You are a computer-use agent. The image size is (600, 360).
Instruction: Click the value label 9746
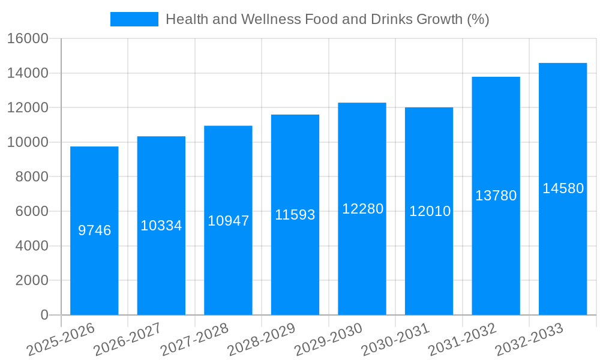click(95, 230)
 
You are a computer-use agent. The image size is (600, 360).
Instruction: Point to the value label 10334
click(161, 226)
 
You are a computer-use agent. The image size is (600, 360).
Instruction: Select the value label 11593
click(295, 215)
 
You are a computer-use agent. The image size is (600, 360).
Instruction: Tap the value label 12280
click(362, 209)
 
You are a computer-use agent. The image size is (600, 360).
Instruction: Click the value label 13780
click(496, 196)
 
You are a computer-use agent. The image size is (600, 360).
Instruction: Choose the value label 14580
click(563, 188)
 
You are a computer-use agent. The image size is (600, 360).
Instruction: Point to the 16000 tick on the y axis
click(28, 39)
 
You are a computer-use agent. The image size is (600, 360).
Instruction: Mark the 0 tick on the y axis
click(44, 315)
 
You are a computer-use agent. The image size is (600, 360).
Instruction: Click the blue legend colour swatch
click(134, 19)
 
